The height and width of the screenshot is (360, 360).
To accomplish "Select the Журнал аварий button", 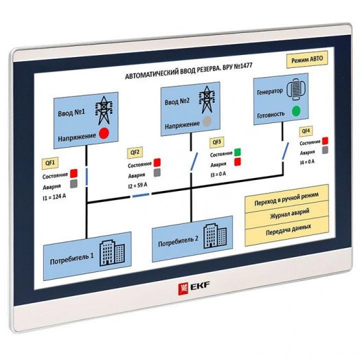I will pos(287,214).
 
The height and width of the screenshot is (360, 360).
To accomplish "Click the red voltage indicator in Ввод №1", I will pos(104,133).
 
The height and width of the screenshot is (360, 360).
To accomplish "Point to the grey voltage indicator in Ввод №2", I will pos(206,123).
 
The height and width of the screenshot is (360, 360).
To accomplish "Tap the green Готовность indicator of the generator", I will pos(296,111).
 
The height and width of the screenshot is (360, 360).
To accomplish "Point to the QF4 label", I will pos(306,131).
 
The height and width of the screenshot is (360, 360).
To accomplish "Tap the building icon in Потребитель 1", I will pos(108,254).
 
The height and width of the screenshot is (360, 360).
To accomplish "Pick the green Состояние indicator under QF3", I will pos(238,152).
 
